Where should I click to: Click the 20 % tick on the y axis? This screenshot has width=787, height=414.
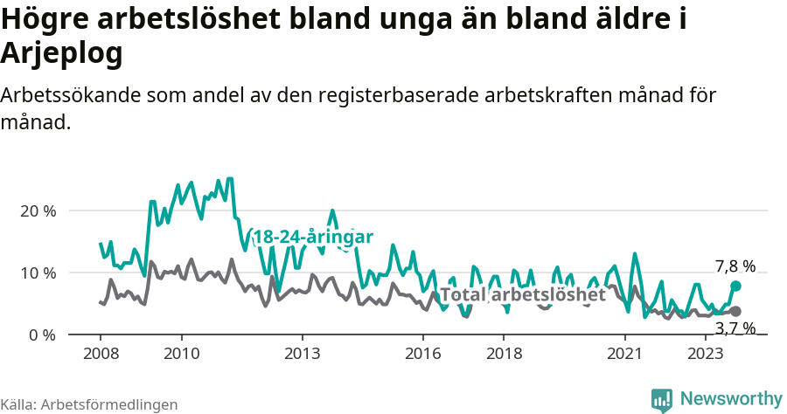pos(38,211)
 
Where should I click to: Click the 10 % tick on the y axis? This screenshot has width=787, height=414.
pos(38,273)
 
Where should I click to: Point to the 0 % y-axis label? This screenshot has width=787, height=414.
pos(41,335)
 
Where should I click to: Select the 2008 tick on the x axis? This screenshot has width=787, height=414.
pos(101,354)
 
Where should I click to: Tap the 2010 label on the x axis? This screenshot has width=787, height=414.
pos(181,354)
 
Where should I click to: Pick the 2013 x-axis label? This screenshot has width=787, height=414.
pos(302,354)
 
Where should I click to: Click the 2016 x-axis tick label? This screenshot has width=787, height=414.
pos(423,354)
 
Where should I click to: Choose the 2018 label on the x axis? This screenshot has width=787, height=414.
pos(504,354)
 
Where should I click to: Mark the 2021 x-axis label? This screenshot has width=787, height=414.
pos(624,354)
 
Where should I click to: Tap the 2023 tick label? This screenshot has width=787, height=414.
pos(705,354)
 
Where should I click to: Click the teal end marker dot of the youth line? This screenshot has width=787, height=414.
pos(736,286)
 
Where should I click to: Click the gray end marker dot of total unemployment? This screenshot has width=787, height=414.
pos(736,312)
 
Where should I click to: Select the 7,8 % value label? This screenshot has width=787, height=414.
pos(735,266)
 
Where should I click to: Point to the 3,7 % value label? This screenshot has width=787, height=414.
pos(735,328)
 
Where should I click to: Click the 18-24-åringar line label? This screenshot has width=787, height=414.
pos(313,237)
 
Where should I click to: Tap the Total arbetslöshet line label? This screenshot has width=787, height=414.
pos(522,295)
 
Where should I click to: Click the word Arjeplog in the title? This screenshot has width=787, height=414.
pos(61,54)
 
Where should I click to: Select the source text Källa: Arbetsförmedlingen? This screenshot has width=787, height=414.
pos(89,404)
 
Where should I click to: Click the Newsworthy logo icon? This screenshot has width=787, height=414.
pos(662,400)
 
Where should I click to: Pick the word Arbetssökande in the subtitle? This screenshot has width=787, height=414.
pos(66,95)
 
